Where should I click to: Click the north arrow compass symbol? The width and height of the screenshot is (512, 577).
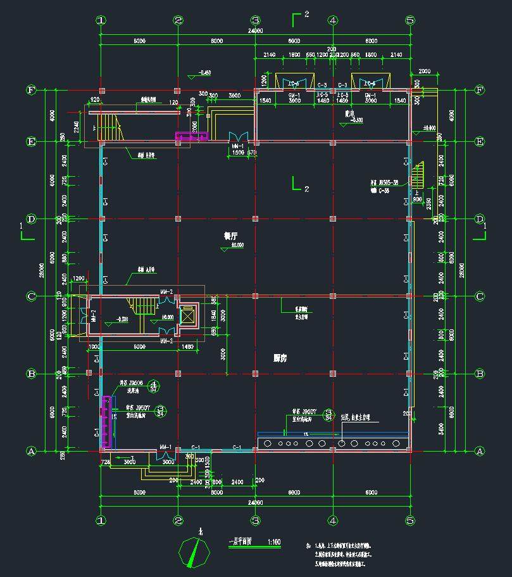point(194,550)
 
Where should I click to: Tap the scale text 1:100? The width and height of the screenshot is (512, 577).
point(274,542)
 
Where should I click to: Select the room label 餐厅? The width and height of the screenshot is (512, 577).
point(230,236)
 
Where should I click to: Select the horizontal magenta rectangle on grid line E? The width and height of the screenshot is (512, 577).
point(190,136)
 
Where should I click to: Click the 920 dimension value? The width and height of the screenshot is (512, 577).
point(96,99)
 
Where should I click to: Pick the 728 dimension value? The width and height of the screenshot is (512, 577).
point(105,463)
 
